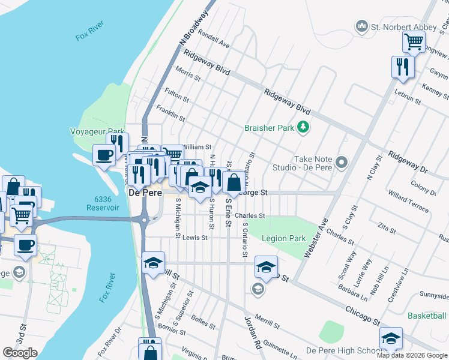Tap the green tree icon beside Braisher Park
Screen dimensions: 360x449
[x=304, y=127]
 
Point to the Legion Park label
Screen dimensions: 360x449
[x=284, y=238]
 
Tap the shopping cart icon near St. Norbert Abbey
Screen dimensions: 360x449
[x=414, y=41]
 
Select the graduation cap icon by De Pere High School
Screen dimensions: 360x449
[x=391, y=338]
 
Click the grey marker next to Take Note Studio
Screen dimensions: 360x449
[x=342, y=162]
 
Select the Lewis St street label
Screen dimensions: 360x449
[x=195, y=238]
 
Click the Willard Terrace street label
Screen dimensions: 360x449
[x=408, y=201]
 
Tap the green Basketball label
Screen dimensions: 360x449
[x=427, y=316]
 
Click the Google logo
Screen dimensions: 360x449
[x=20, y=353]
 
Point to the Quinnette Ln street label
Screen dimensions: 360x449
[x=273, y=344]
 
